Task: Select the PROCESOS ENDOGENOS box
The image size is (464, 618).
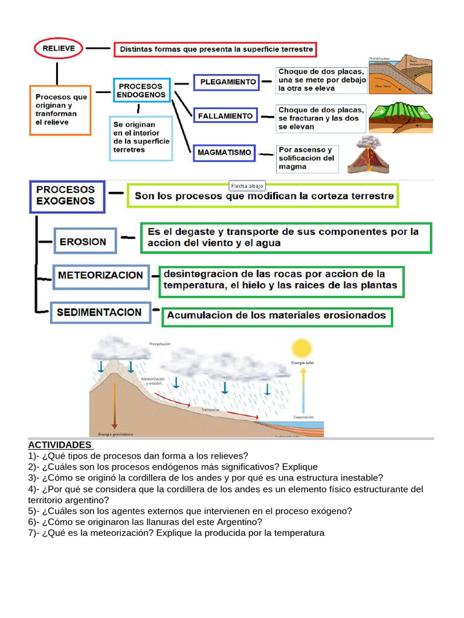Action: [141, 91]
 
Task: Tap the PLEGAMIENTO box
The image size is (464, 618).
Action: [226, 82]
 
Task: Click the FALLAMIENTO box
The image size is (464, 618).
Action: [225, 115]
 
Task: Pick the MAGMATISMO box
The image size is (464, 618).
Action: [224, 153]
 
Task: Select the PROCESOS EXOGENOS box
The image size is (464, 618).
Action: [66, 196]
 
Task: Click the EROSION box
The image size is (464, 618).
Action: [83, 242]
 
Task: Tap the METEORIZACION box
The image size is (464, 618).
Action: [100, 276]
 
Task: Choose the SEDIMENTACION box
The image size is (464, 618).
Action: [99, 313]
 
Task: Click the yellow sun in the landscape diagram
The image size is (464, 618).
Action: [300, 348]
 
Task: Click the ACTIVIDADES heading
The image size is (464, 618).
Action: [60, 445]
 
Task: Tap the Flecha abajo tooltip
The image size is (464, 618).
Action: [248, 185]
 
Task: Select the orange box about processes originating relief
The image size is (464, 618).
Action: [60, 109]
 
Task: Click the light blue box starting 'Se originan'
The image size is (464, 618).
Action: [141, 138]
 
